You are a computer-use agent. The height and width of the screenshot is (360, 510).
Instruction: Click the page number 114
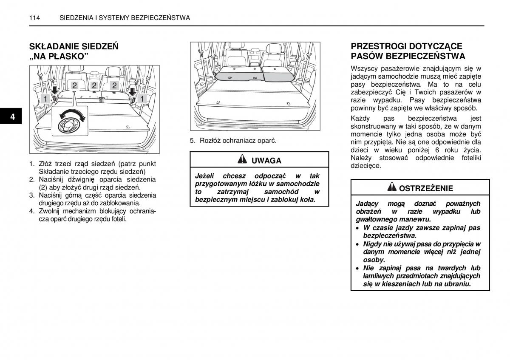pos(35,18)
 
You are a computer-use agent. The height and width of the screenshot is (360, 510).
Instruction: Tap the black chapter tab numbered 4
pos(13,117)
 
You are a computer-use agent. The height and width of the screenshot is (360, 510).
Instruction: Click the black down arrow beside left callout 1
pos(54,91)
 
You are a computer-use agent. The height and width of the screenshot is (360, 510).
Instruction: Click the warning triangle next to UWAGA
pos(242,160)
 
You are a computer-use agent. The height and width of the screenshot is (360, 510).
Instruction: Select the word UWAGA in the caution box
pos(266,161)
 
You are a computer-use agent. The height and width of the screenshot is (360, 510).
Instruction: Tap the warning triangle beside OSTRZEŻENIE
pos(392,187)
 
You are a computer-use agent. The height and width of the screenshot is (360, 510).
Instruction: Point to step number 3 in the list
pos(31,196)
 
